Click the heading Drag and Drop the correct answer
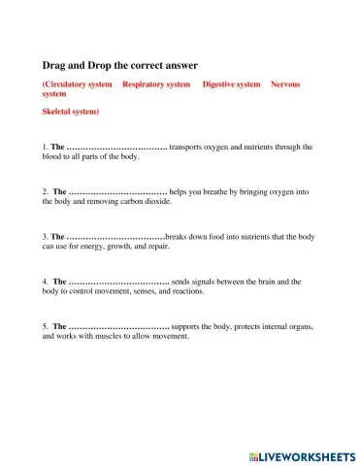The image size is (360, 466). coord(119,65)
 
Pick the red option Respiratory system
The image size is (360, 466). coord(156,84)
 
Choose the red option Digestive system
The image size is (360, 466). coord(231,84)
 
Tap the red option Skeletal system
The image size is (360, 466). coord(70,112)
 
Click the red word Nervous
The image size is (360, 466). coord(285,84)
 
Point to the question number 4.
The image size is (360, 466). coord(46,282)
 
